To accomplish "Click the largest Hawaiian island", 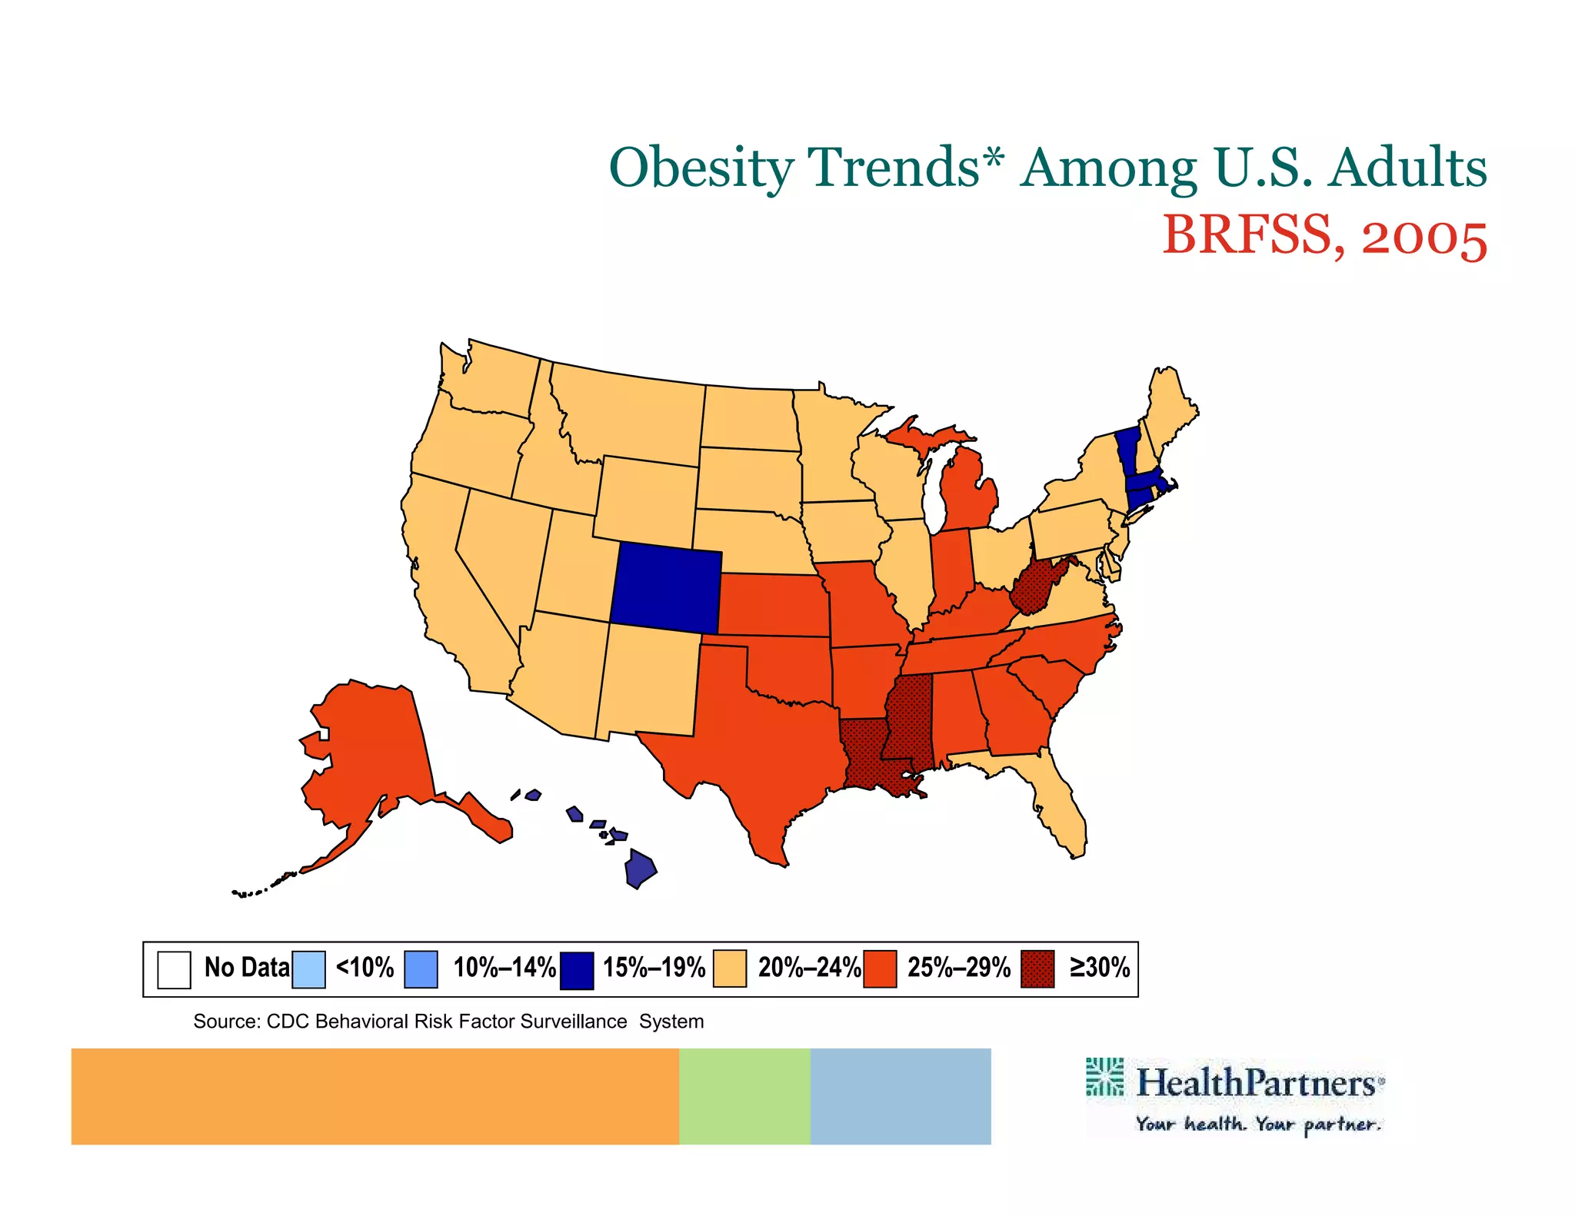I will [639, 869].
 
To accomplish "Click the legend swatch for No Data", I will [174, 969].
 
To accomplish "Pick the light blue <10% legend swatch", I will [308, 969].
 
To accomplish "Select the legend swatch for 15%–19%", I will [576, 969].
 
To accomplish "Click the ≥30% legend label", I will [1100, 967].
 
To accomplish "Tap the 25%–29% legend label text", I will [958, 967].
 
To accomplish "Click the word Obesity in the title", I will [701, 168].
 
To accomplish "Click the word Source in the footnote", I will [224, 1022].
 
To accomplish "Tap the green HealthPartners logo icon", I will [1104, 1077].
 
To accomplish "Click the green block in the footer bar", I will [744, 1096].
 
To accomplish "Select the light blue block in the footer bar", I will [900, 1096].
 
